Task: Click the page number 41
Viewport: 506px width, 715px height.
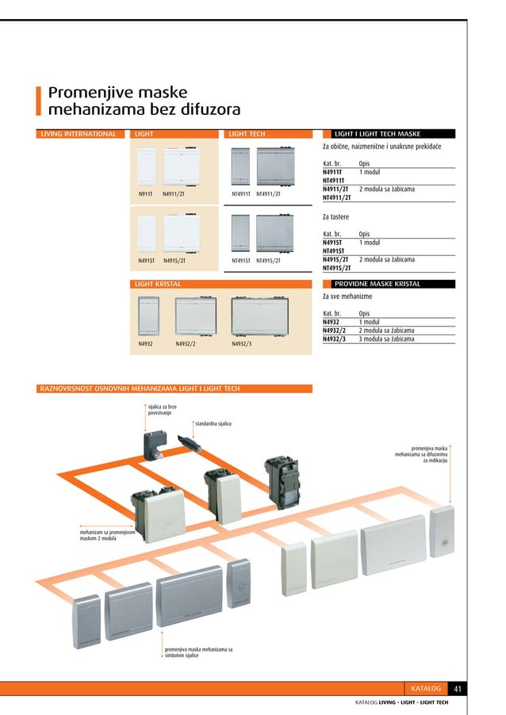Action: pos(458,688)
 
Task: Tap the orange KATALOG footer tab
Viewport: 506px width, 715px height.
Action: pos(426,688)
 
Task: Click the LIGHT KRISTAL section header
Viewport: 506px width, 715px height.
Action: pos(158,283)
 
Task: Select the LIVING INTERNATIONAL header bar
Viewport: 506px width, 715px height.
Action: pos(78,134)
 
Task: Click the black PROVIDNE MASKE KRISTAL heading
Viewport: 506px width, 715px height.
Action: pos(377,283)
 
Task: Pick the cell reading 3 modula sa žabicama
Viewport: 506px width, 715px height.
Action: pos(386,338)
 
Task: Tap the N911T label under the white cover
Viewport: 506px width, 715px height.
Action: pos(145,193)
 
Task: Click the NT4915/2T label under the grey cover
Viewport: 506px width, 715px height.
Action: pos(268,260)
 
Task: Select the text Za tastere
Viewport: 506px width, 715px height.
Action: pos(336,216)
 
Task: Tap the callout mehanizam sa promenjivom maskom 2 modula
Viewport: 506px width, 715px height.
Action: pos(102,535)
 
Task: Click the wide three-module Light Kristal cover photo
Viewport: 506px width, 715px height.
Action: pos(259,315)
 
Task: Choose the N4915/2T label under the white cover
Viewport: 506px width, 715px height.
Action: pos(174,260)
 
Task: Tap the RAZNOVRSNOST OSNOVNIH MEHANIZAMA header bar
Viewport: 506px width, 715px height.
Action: pos(140,388)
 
